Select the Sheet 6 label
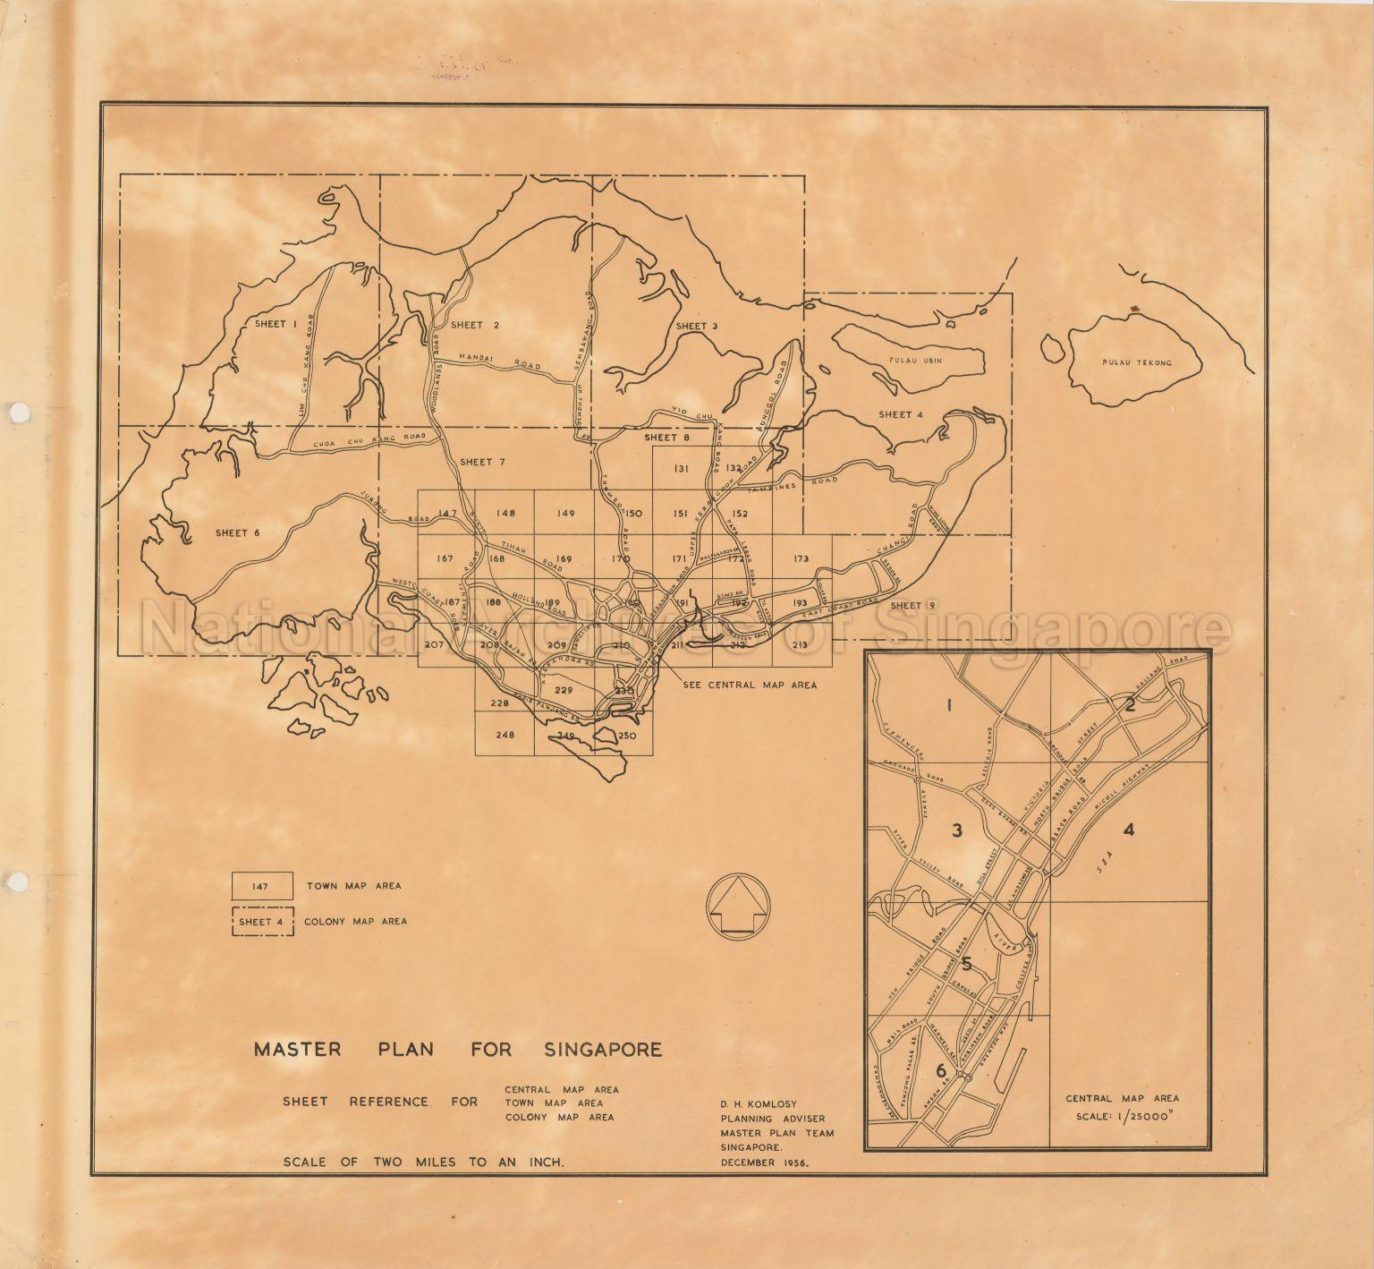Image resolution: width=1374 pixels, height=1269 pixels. [x=237, y=532]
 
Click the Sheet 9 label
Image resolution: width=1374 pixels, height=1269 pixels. [x=907, y=606]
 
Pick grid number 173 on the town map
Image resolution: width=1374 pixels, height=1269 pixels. [x=800, y=558]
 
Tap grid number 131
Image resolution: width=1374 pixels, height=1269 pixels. [x=682, y=468]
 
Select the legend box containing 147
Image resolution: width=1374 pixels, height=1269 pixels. [x=262, y=886]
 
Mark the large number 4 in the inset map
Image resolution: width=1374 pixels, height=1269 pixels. [x=1129, y=830]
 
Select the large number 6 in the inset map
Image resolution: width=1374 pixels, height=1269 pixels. [x=940, y=1070]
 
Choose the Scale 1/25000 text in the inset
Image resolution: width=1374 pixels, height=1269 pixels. [x=1123, y=1118]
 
